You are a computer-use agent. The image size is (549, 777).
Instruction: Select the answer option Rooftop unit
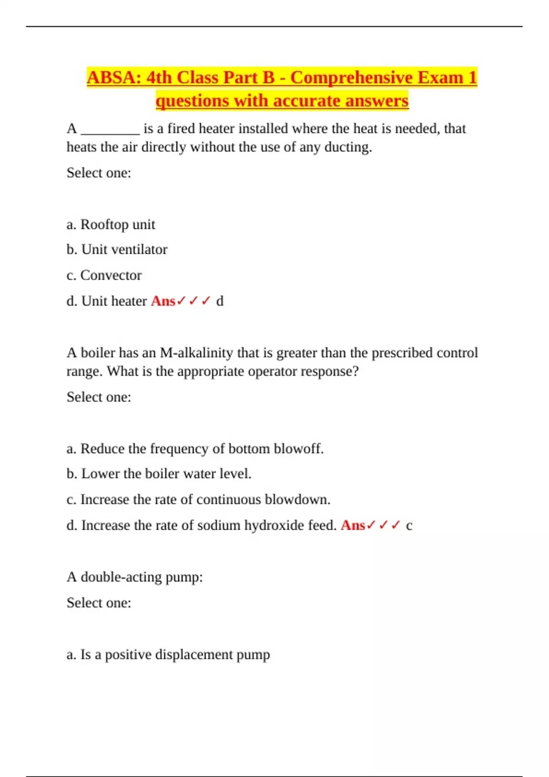pyautogui.click(x=111, y=224)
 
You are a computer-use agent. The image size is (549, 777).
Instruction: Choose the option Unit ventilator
pyautogui.click(x=117, y=250)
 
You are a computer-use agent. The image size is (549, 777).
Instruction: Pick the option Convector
pyautogui.click(x=104, y=275)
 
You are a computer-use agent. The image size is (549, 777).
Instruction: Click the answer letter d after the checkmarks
pyautogui.click(x=220, y=301)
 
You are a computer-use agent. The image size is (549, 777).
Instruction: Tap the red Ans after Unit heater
pyautogui.click(x=163, y=301)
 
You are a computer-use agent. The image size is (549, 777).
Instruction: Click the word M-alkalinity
pyautogui.click(x=196, y=353)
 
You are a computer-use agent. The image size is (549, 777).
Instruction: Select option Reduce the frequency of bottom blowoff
pyautogui.click(x=195, y=449)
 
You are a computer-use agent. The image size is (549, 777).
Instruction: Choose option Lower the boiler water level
pyautogui.click(x=159, y=474)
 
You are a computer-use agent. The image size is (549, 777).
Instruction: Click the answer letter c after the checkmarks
pyautogui.click(x=409, y=526)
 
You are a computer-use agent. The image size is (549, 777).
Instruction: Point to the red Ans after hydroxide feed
pyautogui.click(x=353, y=526)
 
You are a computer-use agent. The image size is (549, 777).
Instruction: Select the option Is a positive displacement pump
pyautogui.click(x=168, y=655)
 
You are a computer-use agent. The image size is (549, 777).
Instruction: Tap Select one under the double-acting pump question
pyautogui.click(x=99, y=603)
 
